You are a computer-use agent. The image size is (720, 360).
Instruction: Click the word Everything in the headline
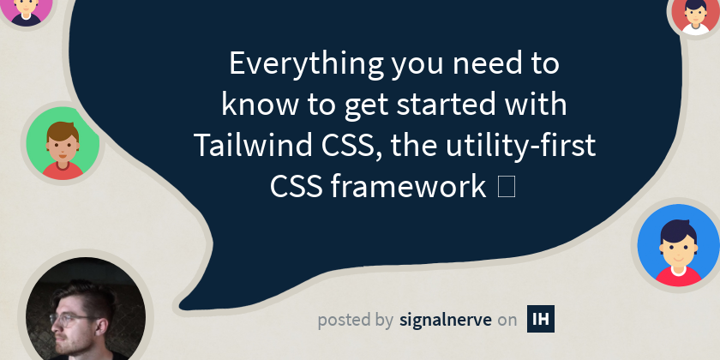click(x=306, y=63)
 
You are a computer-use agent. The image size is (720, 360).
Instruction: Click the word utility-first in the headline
click(x=521, y=145)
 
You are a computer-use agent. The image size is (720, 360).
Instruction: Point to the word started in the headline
click(x=447, y=105)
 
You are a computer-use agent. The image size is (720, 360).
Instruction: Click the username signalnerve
click(x=446, y=319)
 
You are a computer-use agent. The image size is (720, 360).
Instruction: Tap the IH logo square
click(x=541, y=318)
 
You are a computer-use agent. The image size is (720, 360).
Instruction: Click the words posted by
click(x=356, y=320)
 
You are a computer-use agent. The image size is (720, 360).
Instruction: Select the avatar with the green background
click(x=63, y=143)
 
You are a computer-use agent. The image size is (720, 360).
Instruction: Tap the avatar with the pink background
click(x=26, y=10)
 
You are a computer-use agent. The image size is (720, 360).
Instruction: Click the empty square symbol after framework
click(x=506, y=187)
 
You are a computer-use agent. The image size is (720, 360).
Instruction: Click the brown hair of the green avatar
click(x=63, y=132)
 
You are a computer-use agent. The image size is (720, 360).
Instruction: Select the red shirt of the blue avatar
click(x=678, y=276)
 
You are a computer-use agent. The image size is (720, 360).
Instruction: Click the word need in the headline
click(x=485, y=63)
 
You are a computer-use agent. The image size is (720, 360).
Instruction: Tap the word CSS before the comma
click(x=351, y=145)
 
